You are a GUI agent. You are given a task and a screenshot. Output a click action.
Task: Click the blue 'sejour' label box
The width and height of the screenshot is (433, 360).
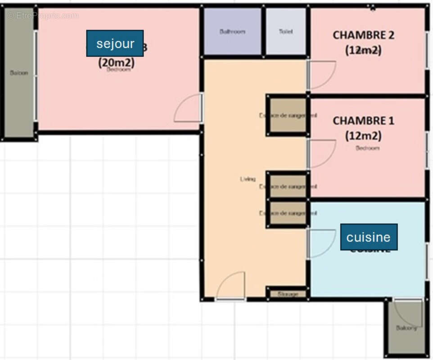(x=115, y=43)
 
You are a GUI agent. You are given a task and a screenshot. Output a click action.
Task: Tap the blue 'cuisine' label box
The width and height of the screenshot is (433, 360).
(x=369, y=237)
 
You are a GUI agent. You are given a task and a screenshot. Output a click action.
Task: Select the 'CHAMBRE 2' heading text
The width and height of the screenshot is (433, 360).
(x=363, y=35)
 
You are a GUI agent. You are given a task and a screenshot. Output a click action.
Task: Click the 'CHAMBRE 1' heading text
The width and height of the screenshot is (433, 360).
(x=363, y=121)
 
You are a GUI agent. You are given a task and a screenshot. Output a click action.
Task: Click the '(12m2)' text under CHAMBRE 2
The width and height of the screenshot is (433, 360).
(x=363, y=50)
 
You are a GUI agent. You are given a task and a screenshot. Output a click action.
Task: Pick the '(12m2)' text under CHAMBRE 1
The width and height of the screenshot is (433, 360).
(x=363, y=135)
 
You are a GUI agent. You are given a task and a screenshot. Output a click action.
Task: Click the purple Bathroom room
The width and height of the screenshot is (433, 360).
(x=232, y=31)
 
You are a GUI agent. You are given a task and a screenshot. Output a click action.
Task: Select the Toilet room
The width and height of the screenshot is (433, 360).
(x=286, y=31)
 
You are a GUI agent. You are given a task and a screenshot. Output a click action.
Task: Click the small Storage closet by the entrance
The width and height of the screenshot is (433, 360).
(x=288, y=294)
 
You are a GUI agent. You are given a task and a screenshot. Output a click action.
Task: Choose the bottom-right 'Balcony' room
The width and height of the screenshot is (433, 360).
(x=406, y=328)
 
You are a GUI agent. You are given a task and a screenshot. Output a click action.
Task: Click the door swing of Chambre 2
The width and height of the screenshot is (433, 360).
(x=320, y=74)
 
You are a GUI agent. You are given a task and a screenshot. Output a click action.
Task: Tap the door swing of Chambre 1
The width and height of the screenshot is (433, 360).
(x=320, y=153)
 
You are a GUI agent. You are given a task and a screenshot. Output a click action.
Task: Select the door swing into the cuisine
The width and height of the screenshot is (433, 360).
(x=320, y=243)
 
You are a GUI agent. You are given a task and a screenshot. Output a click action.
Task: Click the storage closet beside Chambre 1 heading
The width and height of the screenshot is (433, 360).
(x=288, y=115)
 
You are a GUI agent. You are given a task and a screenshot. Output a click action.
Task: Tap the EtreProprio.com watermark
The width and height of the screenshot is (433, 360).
(x=43, y=16)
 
